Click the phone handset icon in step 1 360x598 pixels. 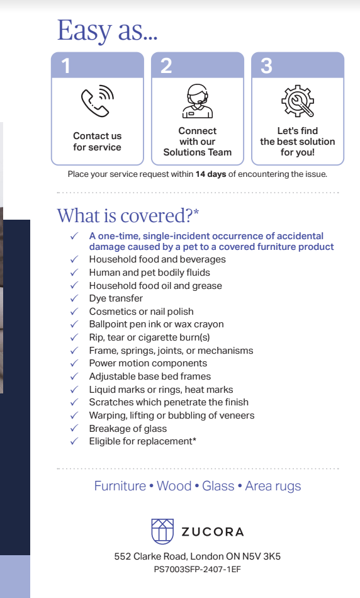point(97,101)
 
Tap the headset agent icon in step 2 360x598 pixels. point(197,101)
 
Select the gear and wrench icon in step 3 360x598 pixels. point(297,101)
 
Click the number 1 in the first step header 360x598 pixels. point(66,65)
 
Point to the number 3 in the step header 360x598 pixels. point(266,65)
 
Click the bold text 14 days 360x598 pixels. point(210,174)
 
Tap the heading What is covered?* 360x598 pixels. point(128,215)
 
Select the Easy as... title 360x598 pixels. point(107,30)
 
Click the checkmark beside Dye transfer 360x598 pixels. point(74,298)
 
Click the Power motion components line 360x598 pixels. point(148,363)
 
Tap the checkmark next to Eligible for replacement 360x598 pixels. point(74,441)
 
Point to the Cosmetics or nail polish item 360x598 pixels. point(141,312)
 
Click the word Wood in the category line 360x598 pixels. point(174,486)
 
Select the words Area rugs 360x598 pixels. point(273,486)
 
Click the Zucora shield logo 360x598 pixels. point(162,531)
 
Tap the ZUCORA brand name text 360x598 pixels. point(212,532)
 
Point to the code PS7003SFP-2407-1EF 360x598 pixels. point(197,569)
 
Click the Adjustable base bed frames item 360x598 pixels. point(150,376)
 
